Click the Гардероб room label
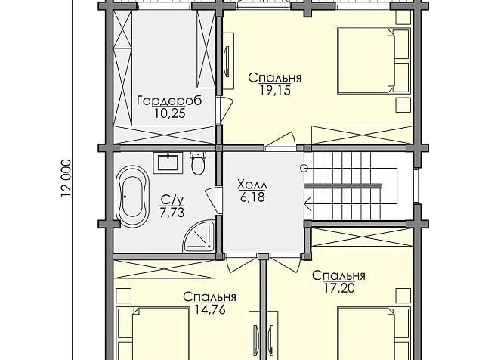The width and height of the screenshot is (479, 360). click(169, 101)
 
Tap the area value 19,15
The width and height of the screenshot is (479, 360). click(275, 90)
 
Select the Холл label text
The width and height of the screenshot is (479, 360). click(252, 185)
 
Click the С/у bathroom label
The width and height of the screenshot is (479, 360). click(172, 200)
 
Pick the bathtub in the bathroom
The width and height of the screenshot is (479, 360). click(133, 196)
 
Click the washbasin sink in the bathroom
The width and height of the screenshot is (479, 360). click(168, 162)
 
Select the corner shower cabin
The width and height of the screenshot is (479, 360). click(199, 237)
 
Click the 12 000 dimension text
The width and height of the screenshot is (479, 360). click(66, 178)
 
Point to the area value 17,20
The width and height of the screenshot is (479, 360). click(339, 288)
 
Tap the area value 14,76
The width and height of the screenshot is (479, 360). click(210, 310)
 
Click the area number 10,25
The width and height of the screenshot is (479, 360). click(170, 113)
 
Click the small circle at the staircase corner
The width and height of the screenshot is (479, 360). click(304, 168)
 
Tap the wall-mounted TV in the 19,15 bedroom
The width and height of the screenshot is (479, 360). click(227, 61)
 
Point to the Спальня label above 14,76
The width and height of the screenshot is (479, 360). click(210, 297)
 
